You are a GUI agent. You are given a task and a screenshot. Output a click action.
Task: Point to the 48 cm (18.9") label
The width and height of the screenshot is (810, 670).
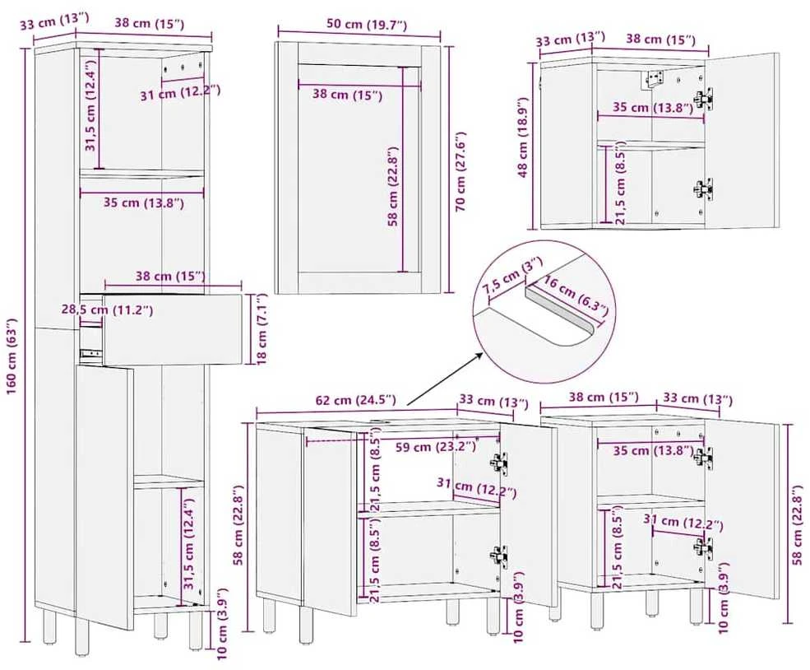tap(525, 138)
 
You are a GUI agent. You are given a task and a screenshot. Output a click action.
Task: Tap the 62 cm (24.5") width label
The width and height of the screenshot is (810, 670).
tap(356, 400)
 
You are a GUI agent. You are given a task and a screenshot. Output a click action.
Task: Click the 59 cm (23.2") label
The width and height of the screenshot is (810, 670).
tap(436, 447)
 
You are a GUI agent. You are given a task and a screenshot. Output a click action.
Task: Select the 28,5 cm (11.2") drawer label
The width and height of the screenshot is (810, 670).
tap(107, 309)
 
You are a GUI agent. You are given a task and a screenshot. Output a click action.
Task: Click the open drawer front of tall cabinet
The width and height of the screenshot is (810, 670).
tap(173, 329)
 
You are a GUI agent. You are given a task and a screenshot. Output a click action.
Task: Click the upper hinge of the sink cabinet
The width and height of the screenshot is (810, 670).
tap(498, 463)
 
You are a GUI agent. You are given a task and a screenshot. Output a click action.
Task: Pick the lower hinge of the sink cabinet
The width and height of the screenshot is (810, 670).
tap(498, 556)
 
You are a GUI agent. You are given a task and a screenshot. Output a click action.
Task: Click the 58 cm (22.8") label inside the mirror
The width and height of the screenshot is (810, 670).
tap(394, 187)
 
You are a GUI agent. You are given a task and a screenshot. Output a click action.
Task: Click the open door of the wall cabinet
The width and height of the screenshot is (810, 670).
tap(743, 140)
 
